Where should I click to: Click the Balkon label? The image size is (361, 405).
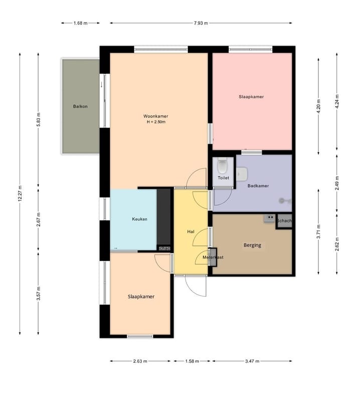coord(80,106)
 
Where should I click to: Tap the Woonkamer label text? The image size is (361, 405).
coord(156,116)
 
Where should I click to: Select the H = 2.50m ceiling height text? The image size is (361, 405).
coord(156,122)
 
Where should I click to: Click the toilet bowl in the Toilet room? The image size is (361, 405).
coord(222,166)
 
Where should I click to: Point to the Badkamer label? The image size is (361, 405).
coord(258,186)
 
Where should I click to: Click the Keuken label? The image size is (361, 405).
coord(139,219)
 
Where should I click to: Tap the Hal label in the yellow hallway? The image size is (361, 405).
coord(191,232)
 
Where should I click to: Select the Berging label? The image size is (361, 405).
coord(252,245)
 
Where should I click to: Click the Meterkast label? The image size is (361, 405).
coord(213,257)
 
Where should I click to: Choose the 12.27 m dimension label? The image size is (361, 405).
coord(20,194)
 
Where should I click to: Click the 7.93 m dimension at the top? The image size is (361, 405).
coord(201,23)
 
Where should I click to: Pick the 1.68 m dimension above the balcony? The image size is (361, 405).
coord(81,23)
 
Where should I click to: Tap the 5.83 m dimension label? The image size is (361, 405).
coord(39,119)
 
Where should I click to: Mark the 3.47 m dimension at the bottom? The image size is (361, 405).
coord(252,361)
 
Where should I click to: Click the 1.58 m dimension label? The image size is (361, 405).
coord(192,361)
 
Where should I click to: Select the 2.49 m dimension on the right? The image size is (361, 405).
coord(337,183)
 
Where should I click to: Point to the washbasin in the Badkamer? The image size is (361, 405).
coord(242,174)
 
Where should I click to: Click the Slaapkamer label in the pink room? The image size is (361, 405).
coord(251,97)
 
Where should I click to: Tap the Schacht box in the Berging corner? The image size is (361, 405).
coord(284,221)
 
